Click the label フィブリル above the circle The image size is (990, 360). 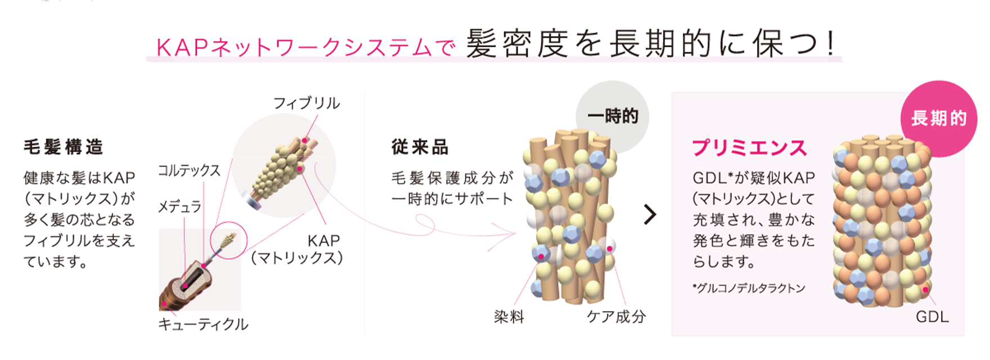307,103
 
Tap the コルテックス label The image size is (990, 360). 189,170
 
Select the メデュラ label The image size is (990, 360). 179,207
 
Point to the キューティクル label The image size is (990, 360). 203,324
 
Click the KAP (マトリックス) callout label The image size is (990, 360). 298,249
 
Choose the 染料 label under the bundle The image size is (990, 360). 509,317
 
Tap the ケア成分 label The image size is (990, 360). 616,317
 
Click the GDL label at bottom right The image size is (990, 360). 932,317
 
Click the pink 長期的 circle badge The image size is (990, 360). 939,118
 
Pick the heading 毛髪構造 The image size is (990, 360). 63,147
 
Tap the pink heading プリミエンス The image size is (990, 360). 749,148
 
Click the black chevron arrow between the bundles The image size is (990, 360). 650,214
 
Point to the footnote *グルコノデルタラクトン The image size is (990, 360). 749,289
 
